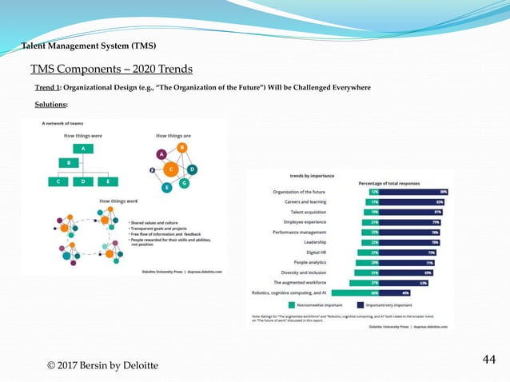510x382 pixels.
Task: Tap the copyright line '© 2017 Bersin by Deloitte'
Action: [x=102, y=365]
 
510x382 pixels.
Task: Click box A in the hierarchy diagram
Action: [x=82, y=149]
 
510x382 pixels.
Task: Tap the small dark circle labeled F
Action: [x=152, y=170]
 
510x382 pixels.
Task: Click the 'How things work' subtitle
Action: [x=116, y=201]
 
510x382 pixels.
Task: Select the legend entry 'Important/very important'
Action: [x=388, y=304]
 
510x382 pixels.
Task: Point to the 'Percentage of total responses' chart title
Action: [x=388, y=183]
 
